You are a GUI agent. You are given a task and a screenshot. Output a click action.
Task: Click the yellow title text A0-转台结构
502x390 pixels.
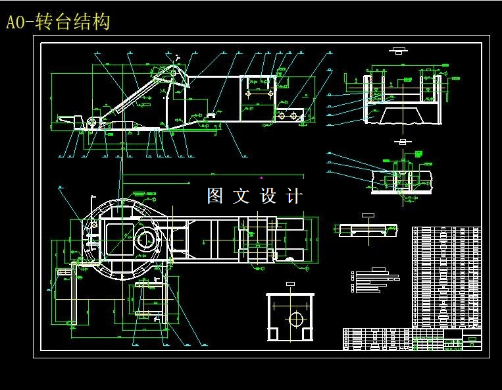(58, 22)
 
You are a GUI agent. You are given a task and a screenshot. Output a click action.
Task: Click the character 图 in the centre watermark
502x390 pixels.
(216, 196)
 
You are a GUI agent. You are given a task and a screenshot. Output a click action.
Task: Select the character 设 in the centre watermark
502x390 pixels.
(269, 196)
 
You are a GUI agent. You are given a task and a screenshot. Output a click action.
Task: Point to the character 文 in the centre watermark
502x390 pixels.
(242, 196)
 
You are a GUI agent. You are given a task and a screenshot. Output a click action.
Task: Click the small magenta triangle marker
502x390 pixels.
(262, 177)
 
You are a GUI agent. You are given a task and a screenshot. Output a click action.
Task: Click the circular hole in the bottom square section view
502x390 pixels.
(295, 319)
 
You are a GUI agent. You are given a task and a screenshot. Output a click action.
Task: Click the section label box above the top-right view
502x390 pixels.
(397, 49)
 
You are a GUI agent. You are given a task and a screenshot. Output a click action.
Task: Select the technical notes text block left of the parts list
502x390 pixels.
(376, 281)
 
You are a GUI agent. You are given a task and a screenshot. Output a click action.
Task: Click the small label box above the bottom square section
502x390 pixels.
(290, 284)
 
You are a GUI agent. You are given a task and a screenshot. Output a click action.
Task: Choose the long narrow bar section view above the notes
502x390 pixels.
(368, 229)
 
